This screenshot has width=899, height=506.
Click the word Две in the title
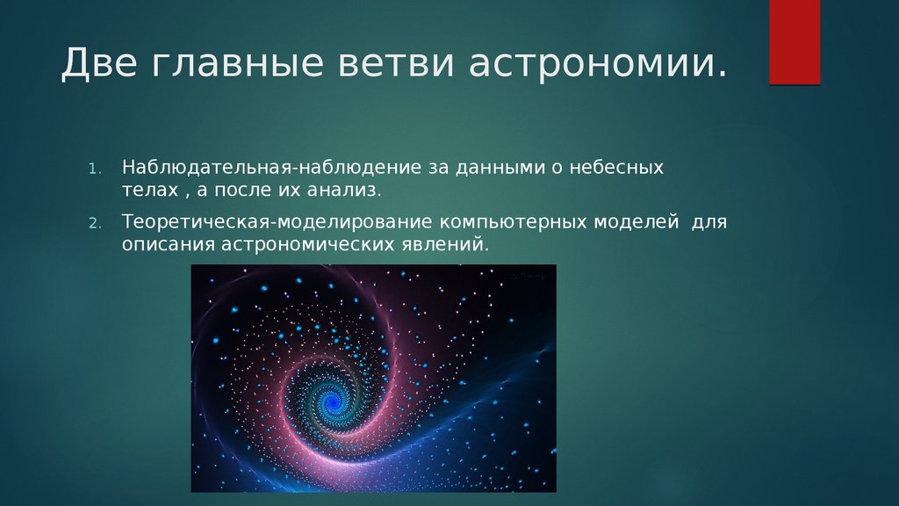point(98,62)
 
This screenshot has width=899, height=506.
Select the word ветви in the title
point(396,63)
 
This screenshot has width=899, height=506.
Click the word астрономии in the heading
point(592,63)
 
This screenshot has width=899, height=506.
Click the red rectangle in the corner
point(795,42)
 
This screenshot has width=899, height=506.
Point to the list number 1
point(95,169)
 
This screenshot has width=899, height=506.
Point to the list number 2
point(95,223)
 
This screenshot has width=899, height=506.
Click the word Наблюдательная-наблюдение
point(272,168)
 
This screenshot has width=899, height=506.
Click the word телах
point(150,191)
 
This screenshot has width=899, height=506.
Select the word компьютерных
point(514,222)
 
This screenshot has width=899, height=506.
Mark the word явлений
point(442,245)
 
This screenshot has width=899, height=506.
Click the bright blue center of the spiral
point(331,400)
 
